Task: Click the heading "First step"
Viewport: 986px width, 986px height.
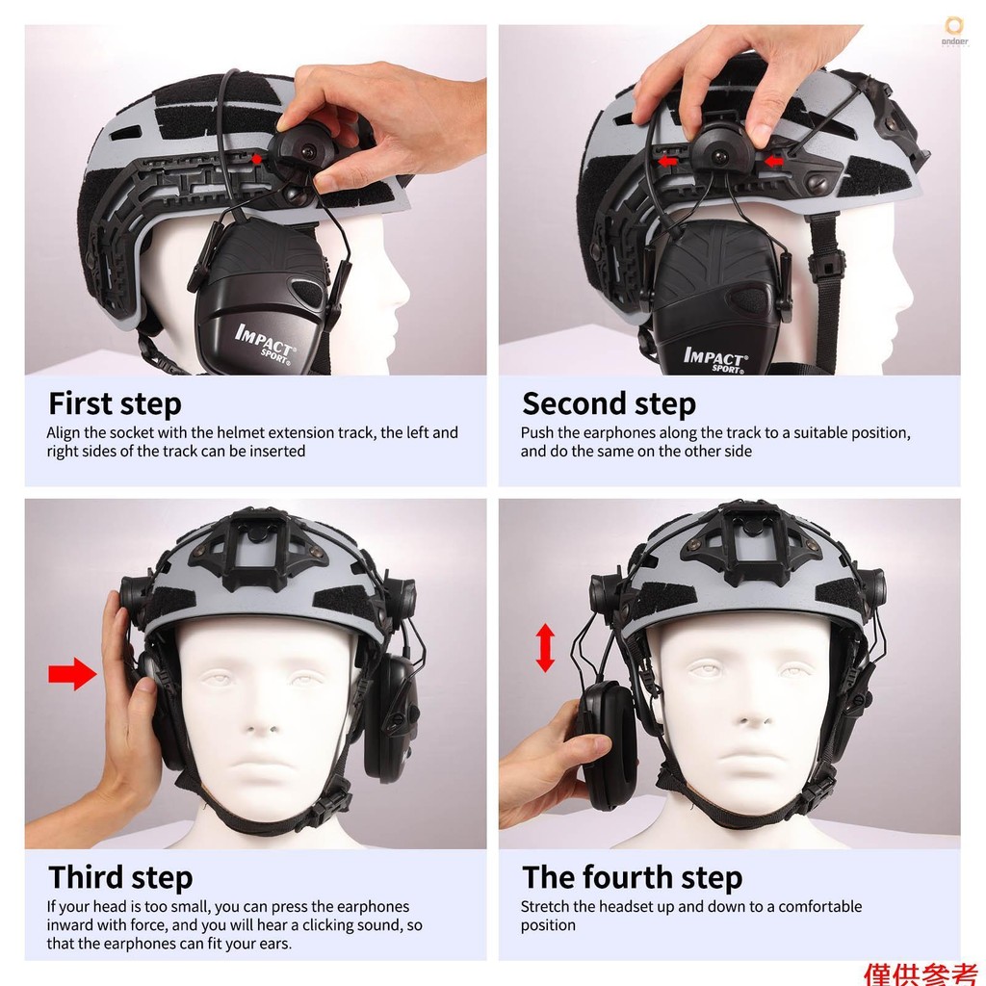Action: click(x=115, y=404)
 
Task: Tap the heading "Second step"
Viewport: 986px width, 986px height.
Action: click(x=609, y=404)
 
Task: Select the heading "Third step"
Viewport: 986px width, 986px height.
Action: click(x=120, y=878)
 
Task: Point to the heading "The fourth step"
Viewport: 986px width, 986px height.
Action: click(x=632, y=878)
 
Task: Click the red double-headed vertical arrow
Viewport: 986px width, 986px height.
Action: click(x=545, y=648)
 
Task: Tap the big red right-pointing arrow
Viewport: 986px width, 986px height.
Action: click(x=72, y=674)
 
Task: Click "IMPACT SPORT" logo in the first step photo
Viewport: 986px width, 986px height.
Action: click(x=265, y=344)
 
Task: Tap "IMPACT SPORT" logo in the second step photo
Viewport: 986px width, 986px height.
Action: click(x=716, y=359)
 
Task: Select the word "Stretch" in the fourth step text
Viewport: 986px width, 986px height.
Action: click(x=545, y=906)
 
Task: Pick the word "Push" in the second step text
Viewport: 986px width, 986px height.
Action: click(x=536, y=432)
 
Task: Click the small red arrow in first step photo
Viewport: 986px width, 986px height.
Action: click(x=256, y=159)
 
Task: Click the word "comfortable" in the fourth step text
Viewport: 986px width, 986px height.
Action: click(x=820, y=906)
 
